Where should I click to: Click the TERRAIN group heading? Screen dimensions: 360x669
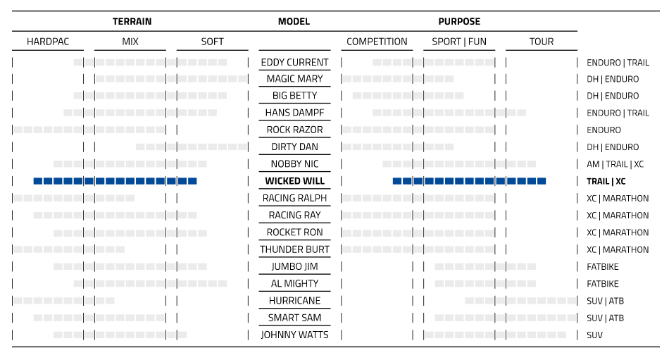tap(132, 22)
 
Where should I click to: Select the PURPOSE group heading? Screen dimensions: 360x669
tap(459, 22)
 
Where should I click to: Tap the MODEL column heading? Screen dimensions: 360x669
tap(294, 22)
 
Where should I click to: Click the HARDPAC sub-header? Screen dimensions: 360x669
tap(48, 42)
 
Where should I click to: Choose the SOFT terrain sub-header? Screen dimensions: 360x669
tap(212, 42)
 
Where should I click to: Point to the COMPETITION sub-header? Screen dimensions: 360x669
tap(377, 42)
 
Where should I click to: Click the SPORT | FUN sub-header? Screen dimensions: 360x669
tap(459, 42)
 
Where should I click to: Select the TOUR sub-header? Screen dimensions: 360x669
tap(541, 42)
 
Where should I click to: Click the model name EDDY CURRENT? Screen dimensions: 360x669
tap(294, 62)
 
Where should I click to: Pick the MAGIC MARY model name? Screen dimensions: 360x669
tap(294, 79)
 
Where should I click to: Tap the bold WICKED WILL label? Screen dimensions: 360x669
tap(294, 181)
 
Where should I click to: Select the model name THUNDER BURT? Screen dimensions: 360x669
tap(294, 249)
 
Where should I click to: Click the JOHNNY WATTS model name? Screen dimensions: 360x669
tap(294, 335)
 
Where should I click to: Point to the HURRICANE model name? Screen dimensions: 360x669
tap(294, 301)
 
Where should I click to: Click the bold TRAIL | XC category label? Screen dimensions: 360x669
tap(606, 181)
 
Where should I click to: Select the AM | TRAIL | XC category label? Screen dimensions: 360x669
tap(615, 164)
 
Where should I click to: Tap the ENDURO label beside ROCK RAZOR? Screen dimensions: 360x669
tap(604, 130)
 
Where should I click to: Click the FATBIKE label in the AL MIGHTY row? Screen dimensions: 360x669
tap(603, 284)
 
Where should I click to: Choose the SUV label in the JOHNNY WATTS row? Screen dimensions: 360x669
tap(595, 335)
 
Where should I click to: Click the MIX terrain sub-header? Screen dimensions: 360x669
tap(130, 42)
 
